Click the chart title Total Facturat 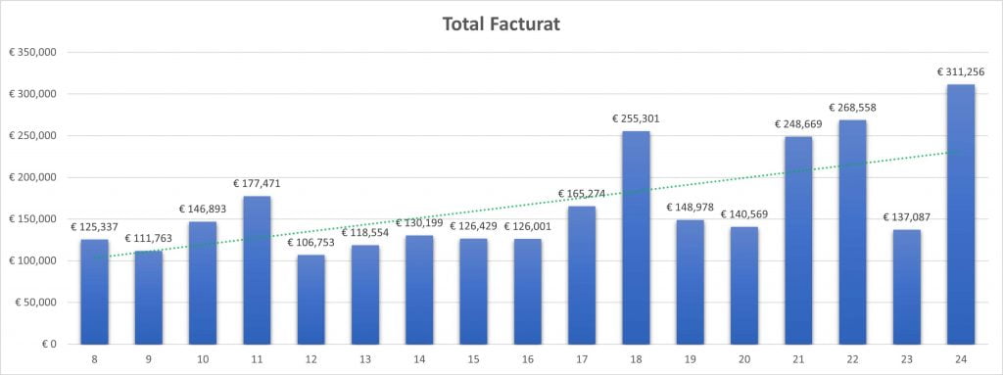click(x=501, y=23)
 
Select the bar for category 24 click(x=961, y=214)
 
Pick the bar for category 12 click(x=311, y=300)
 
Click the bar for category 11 click(x=257, y=270)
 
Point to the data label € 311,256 click(x=961, y=71)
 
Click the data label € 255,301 click(x=636, y=118)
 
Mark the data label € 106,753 click(x=311, y=242)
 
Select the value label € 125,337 click(x=94, y=227)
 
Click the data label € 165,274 click(x=582, y=194)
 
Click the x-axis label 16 click(x=528, y=359)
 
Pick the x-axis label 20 click(x=744, y=359)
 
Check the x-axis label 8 click(x=95, y=359)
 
